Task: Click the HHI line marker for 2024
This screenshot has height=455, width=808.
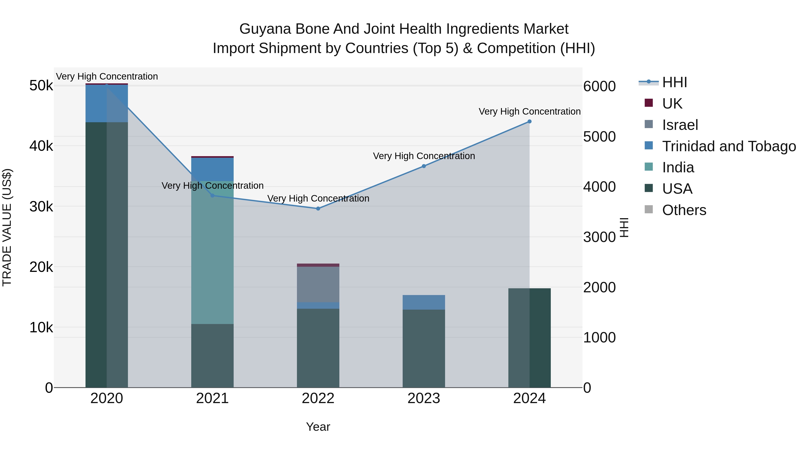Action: [529, 122]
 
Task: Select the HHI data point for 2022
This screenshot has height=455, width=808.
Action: [318, 209]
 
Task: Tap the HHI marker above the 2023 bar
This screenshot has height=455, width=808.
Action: [424, 166]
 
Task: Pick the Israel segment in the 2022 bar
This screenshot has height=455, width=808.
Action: [318, 284]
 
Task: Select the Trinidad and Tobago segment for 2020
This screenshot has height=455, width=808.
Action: [106, 103]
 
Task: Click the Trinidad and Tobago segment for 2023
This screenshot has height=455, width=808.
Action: [424, 302]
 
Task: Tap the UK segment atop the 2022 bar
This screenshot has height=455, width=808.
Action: [318, 265]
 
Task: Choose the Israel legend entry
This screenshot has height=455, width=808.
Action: [680, 125]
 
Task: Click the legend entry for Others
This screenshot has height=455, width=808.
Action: [684, 210]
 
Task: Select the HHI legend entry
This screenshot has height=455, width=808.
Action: [674, 82]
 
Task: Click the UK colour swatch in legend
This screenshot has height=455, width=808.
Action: [648, 103]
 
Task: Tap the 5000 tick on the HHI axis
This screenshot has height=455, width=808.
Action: [599, 137]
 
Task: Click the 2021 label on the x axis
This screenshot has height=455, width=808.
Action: [212, 398]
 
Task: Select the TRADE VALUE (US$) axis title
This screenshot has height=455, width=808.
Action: [7, 227]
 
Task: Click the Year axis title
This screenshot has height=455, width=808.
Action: [318, 427]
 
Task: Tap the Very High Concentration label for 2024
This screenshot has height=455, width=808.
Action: [529, 111]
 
